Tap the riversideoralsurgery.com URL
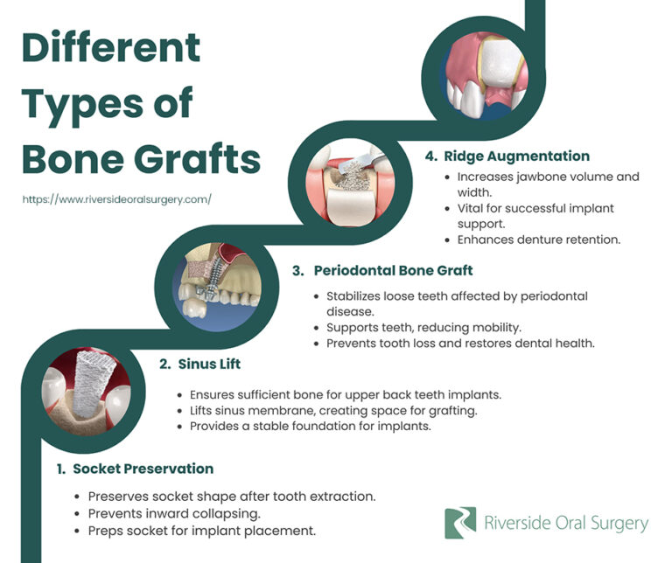116,199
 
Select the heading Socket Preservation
143,469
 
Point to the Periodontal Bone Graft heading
393,270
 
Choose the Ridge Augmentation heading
516,156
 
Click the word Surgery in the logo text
618,524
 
